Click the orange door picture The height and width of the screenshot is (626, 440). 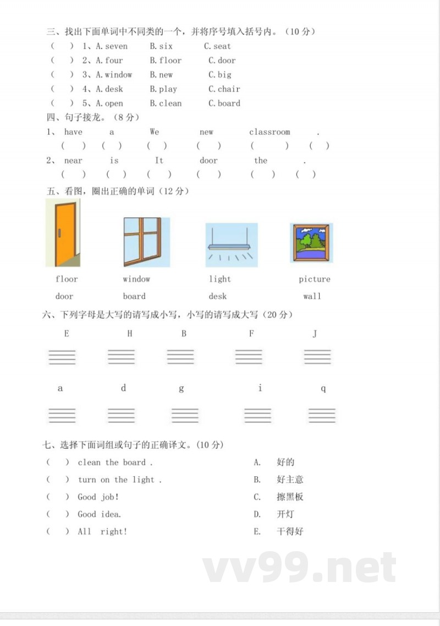63,232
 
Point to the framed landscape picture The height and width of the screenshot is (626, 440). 311,243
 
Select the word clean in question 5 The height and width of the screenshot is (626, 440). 170,104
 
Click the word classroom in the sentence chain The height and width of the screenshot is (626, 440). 269,132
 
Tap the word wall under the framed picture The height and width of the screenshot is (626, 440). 312,296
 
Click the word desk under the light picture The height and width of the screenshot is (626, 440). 218,296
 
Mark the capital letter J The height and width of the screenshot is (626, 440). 315,334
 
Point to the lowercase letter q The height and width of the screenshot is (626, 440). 323,389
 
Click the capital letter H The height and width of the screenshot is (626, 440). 130,334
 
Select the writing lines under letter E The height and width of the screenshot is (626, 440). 62,357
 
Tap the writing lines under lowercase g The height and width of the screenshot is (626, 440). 185,415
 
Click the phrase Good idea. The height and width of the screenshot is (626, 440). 99,514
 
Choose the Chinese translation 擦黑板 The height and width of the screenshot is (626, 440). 290,497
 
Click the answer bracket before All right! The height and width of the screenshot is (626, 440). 58,532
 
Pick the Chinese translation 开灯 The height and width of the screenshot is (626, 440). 285,514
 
